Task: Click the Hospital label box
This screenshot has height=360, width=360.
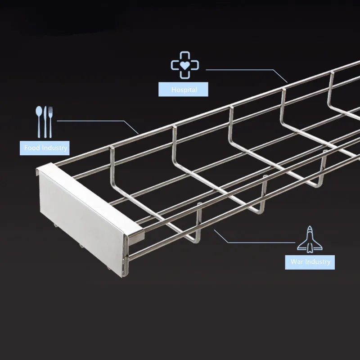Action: pos(184,90)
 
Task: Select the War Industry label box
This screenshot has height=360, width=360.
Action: pos(310,261)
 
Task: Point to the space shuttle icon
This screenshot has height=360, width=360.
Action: pos(310,238)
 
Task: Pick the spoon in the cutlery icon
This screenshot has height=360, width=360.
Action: pos(39,121)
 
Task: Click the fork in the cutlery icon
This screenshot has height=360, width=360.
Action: pos(50,121)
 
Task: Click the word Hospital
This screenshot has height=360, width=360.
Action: pos(184,90)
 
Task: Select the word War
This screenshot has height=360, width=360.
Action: pos(297,261)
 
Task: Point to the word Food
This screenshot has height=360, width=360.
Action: pos(33,148)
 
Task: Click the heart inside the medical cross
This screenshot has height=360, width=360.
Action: pos(184,65)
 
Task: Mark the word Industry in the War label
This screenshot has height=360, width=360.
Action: pos(317,261)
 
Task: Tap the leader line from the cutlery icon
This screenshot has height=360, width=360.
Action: pos(90,121)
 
